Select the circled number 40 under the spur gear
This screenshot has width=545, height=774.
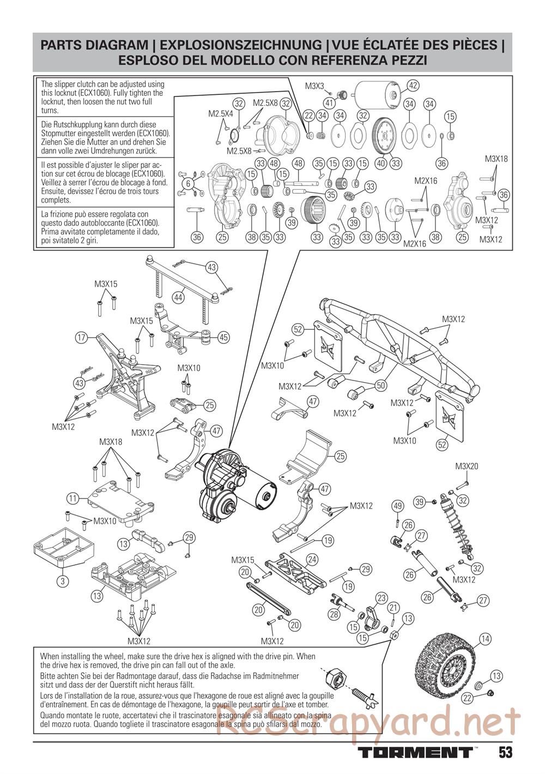[381, 162]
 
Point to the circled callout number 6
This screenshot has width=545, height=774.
[188, 184]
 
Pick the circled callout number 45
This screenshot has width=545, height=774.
[223, 337]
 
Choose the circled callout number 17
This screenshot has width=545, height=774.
[82, 338]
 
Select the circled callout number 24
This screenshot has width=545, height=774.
[312, 559]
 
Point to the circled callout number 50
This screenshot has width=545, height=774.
[380, 385]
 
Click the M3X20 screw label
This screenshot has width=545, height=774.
[467, 466]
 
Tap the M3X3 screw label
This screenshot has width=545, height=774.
[314, 86]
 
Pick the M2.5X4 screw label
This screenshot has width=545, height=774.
[221, 114]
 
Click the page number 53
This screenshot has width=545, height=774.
[505, 752]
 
